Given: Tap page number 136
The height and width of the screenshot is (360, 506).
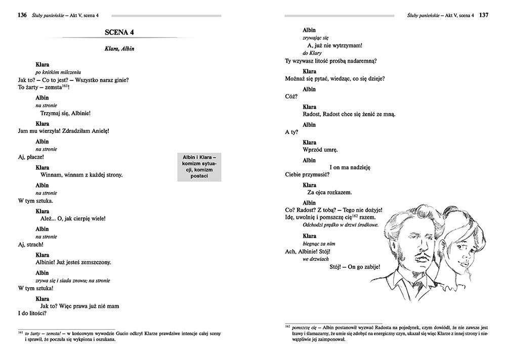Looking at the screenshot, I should click(22, 15).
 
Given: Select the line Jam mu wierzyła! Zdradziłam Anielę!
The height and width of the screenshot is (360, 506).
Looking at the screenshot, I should click(63, 131).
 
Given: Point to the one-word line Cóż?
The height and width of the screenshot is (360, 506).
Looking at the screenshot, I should click(291, 97).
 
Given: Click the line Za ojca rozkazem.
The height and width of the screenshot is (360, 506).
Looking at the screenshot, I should click(329, 193).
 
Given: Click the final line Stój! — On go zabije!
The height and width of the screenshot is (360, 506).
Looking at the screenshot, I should click(354, 267).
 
